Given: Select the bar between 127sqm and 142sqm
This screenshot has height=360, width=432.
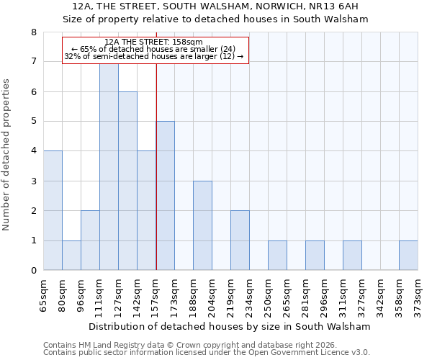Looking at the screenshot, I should pyautogui.click(x=127, y=181).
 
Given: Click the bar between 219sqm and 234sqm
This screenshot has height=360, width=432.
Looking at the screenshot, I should pyautogui.click(x=240, y=240).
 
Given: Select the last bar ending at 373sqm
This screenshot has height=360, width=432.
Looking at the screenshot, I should pyautogui.click(x=408, y=256).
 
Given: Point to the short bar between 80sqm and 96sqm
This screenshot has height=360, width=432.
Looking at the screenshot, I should pyautogui.click(x=71, y=256).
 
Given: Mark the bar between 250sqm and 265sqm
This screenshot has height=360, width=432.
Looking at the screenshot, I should pyautogui.click(x=277, y=256).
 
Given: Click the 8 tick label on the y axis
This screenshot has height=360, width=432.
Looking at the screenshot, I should pyautogui.click(x=33, y=32).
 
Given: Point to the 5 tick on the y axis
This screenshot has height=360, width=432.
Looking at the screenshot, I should pyautogui.click(x=33, y=122).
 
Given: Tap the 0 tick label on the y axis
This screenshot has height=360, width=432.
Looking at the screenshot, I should pyautogui.click(x=33, y=271).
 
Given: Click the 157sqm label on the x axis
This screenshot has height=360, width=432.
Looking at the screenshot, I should pyautogui.click(x=156, y=294).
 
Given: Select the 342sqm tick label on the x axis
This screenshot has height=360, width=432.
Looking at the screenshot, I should pyautogui.click(x=380, y=294).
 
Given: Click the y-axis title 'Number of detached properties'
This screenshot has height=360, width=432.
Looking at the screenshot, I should pyautogui.click(x=6, y=156).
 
